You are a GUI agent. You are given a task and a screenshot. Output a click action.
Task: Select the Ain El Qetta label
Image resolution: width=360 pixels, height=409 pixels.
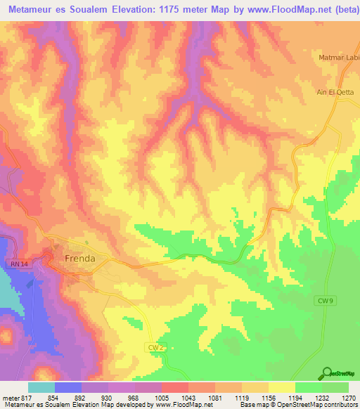pyautogui.click(x=335, y=92)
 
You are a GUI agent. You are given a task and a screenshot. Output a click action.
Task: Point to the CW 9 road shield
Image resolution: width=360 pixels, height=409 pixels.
pyautogui.click(x=323, y=300)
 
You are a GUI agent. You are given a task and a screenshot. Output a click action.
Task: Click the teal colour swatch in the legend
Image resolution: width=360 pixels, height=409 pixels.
pyautogui.click(x=41, y=387)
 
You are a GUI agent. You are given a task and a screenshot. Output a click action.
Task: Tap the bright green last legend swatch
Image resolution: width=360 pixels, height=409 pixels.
pyautogui.click(x=335, y=387)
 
